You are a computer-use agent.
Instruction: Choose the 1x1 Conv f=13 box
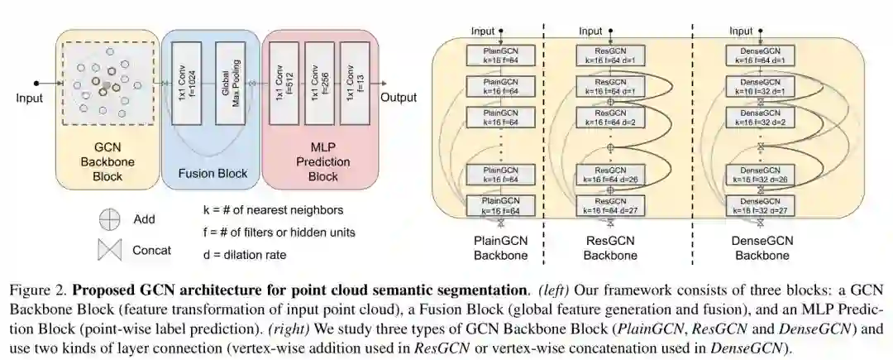coord(354,84)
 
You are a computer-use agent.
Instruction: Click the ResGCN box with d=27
coord(611,206)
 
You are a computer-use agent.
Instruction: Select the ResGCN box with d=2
coord(611,117)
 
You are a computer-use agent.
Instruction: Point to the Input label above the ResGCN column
coord(590,31)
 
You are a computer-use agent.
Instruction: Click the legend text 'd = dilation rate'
coord(244,255)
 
